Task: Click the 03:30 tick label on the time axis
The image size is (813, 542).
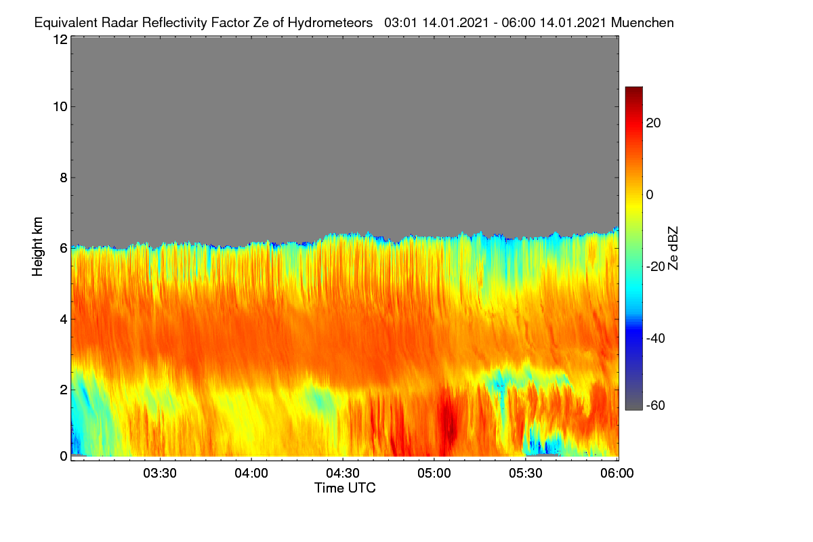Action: pos(160,474)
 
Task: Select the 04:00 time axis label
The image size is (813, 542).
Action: pos(251,474)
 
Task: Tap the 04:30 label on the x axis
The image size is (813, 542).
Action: pos(343,474)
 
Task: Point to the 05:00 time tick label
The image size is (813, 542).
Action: pos(434,474)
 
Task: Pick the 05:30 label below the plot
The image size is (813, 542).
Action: pos(526,474)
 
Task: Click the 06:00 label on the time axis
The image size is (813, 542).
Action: pos(617,474)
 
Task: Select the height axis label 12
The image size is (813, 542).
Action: pos(60,39)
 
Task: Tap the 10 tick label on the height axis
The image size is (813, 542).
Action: pos(60,107)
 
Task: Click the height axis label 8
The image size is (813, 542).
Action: pos(64,178)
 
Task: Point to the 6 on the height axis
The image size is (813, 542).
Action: pos(64,249)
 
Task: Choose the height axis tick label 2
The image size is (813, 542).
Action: pos(64,390)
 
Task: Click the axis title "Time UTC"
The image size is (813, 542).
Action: pos(345,488)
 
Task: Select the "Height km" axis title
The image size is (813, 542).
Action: pos(37,247)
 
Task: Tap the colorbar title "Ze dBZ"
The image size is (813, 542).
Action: pos(673,249)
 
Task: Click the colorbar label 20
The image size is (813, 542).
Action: pos(653,123)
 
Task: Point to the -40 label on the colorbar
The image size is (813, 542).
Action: pos(656,338)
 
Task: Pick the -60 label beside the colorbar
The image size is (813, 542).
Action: pos(656,406)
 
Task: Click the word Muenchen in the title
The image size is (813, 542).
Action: pos(642,23)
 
